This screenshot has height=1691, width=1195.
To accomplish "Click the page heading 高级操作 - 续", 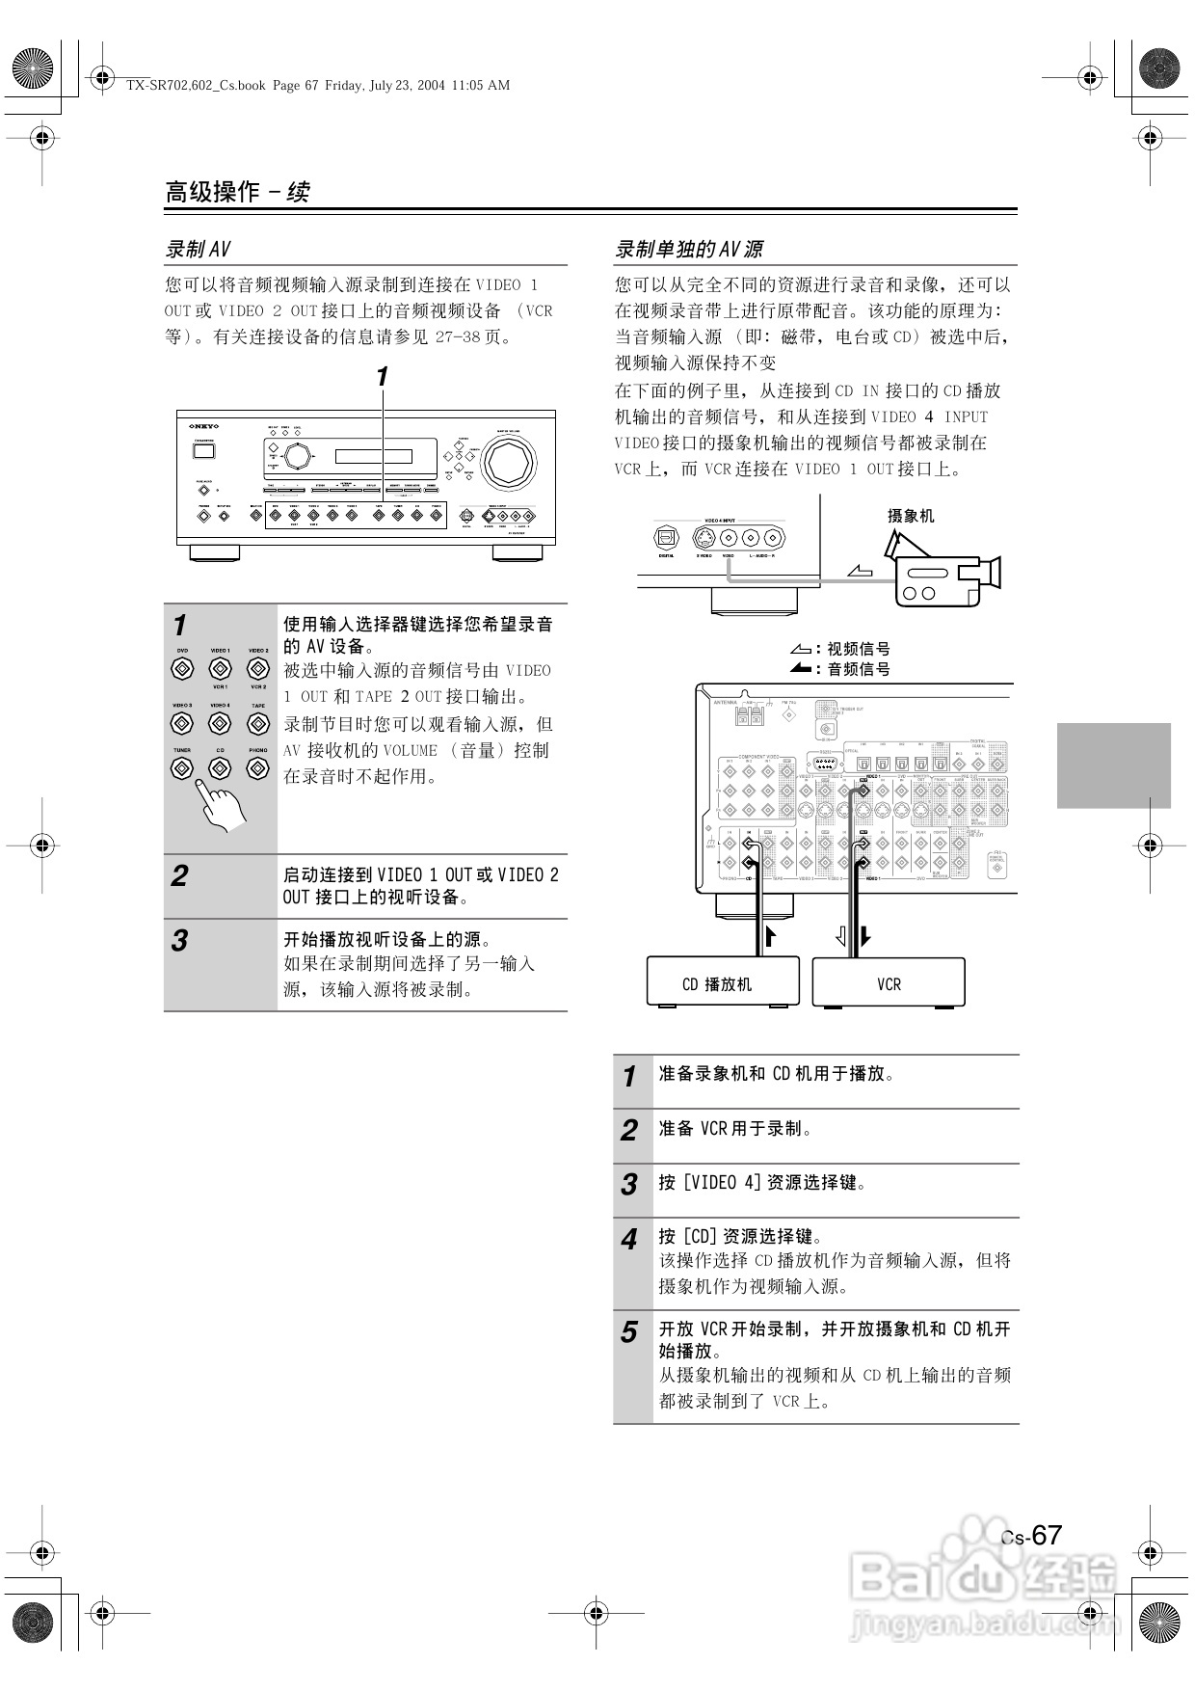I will pos(237,192).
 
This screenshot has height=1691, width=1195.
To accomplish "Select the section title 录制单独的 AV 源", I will pos(689,250).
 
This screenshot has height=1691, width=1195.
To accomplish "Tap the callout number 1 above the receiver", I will pos(383,377).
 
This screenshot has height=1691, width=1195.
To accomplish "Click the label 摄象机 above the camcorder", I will pos(911,516).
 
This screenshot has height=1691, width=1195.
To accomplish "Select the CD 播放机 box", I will pos(722,983).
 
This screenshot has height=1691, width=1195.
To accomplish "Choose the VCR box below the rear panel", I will pos(889,983).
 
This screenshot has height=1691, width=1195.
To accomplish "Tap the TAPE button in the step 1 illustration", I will pos(257,723).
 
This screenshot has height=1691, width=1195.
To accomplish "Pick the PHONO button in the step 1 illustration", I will pos(257,768).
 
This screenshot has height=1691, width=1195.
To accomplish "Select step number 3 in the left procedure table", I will pos(179,941).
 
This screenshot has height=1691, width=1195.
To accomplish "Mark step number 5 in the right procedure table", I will pos(629,1332).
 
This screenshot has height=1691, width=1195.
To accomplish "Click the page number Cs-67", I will pos(1031,1536).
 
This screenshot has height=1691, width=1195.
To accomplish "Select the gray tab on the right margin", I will pos(1113,765).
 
